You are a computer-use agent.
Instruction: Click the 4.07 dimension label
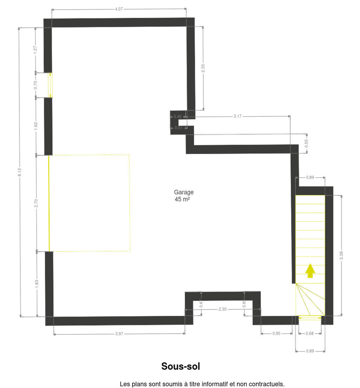click(x=119, y=9)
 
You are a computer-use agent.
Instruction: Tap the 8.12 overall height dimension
click(x=19, y=172)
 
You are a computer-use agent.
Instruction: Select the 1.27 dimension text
click(x=35, y=49)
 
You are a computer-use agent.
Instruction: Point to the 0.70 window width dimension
click(x=35, y=85)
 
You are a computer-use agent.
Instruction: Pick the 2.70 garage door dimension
click(x=36, y=203)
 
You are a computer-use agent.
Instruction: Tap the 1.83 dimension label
click(x=37, y=284)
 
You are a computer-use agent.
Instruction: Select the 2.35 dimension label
click(x=203, y=68)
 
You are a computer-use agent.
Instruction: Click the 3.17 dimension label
click(x=237, y=116)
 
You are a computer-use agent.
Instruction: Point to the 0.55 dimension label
click(x=306, y=144)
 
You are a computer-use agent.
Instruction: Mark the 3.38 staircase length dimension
click(x=341, y=255)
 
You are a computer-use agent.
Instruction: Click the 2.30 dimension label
click(x=223, y=309)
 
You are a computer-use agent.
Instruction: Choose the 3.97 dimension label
click(x=119, y=334)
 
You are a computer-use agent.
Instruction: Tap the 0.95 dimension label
click(x=276, y=333)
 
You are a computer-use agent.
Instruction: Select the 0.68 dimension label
click(x=310, y=333)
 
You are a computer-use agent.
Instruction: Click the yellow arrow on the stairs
click(x=310, y=271)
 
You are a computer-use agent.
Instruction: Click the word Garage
click(x=184, y=192)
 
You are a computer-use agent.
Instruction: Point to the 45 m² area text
click(x=182, y=199)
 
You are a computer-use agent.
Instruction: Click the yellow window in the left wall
click(x=50, y=85)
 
